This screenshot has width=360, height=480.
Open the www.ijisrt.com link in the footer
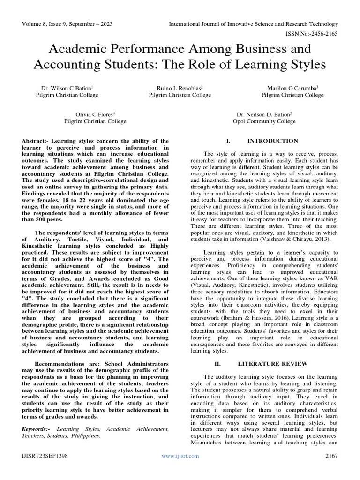(x=180, y=456)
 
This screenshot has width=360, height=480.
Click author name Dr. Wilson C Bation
(x=67, y=88)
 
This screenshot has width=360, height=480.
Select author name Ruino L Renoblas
(x=180, y=88)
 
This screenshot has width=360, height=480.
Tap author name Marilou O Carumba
(x=292, y=88)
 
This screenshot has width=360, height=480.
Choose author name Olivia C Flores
(x=95, y=114)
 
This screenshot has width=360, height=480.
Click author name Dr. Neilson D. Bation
(x=264, y=114)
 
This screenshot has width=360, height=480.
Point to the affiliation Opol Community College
(x=264, y=121)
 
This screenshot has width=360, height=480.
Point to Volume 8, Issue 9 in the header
(x=47, y=24)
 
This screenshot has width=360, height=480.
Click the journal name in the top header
(x=253, y=24)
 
